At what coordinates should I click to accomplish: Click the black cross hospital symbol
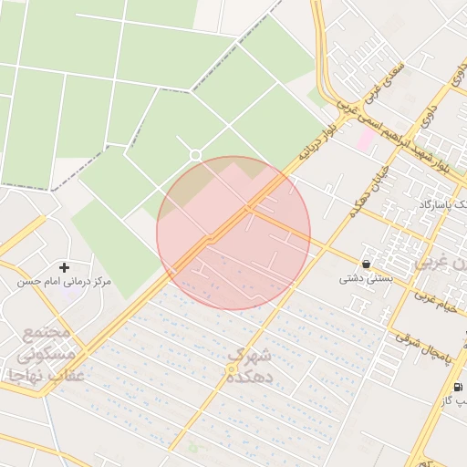point(64,267)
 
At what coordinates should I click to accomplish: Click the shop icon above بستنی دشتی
point(366,264)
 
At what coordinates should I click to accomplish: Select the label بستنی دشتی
point(366,278)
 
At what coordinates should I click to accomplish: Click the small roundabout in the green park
point(195,155)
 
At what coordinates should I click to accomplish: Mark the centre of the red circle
point(233,233)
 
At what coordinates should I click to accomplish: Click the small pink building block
point(366,139)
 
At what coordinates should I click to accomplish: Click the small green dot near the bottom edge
point(192,447)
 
